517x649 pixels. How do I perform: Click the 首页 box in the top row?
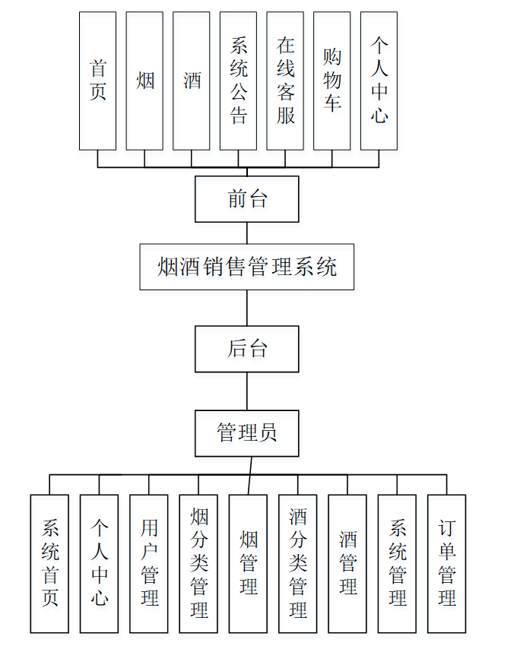97,81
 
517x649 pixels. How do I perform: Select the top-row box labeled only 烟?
144,81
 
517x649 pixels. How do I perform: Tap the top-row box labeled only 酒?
192,81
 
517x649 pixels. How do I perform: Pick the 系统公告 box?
238,81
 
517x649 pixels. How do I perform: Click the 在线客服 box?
285,81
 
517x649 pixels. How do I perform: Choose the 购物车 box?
332,81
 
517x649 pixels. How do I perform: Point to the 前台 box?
247,199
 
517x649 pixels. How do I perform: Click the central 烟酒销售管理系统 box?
247,267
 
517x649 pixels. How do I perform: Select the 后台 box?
247,349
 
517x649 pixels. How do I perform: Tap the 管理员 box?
247,433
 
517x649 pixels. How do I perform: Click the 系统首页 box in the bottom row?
49,563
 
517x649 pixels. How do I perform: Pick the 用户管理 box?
149,563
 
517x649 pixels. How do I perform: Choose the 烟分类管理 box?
198,563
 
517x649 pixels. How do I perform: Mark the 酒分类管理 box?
298,563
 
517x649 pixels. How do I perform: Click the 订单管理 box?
447,563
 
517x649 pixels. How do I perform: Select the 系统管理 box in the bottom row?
397,563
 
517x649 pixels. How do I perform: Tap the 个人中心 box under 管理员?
100,563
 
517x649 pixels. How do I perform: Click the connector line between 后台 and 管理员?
247,391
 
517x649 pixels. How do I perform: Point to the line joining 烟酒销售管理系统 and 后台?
247,308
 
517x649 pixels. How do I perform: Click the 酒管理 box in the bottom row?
347,563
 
